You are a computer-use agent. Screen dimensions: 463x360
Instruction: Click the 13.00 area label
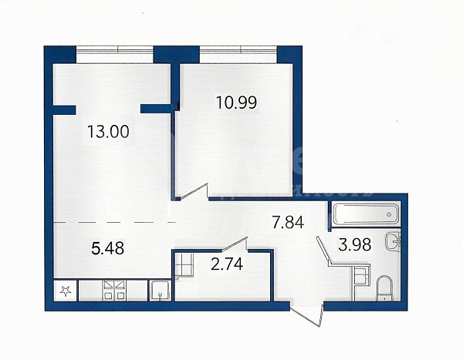pos(108,132)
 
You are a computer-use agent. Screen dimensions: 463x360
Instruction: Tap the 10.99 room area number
pos(237,103)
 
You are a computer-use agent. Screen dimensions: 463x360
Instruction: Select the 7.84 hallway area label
pos(288,222)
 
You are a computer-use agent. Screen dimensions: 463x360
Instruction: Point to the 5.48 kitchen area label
pos(108,248)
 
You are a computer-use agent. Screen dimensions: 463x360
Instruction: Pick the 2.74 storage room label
pos(227,264)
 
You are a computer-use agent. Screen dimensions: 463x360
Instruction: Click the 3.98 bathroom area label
pos(355,244)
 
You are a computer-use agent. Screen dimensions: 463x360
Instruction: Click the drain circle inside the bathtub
pos(389,214)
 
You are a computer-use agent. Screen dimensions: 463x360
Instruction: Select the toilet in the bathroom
pos(384,288)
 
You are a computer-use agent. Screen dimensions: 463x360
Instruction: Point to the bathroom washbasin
pos(393,241)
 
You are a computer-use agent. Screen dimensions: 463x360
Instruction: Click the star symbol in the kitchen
pos(66,291)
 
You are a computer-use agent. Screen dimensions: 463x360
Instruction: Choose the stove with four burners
pos(114,291)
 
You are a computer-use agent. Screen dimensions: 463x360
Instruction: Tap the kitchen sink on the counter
pos(160,291)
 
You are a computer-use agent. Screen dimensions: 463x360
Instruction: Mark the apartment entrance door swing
pos(306,314)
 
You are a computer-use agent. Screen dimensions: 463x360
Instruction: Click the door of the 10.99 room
pos(194,192)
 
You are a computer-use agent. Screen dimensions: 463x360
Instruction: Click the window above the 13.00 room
pos(114,54)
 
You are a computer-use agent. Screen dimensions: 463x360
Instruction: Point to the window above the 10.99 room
pos(238,54)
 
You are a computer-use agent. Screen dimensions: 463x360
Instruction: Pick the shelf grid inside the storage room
pos(184,265)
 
